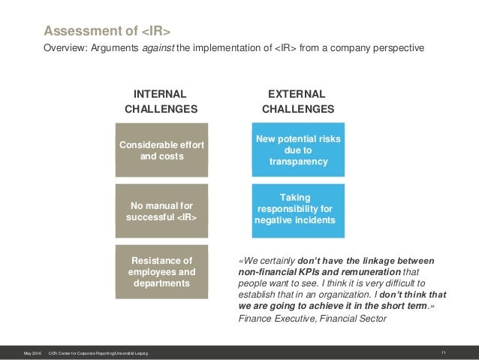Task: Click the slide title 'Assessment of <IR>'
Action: point(107,31)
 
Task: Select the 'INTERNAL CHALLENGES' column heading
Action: point(161,101)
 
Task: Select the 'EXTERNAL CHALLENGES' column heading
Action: point(297,101)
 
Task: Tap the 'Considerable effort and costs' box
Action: point(161,150)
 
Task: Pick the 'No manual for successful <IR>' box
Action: point(161,210)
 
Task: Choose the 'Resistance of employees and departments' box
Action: point(161,272)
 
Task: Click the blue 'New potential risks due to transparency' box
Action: point(297,150)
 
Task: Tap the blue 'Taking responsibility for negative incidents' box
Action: point(297,208)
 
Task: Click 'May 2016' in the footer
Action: point(32,352)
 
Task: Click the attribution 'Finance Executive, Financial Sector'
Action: point(312,319)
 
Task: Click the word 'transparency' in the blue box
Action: point(297,162)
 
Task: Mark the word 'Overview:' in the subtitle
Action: point(65,48)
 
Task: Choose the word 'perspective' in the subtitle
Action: point(399,48)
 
